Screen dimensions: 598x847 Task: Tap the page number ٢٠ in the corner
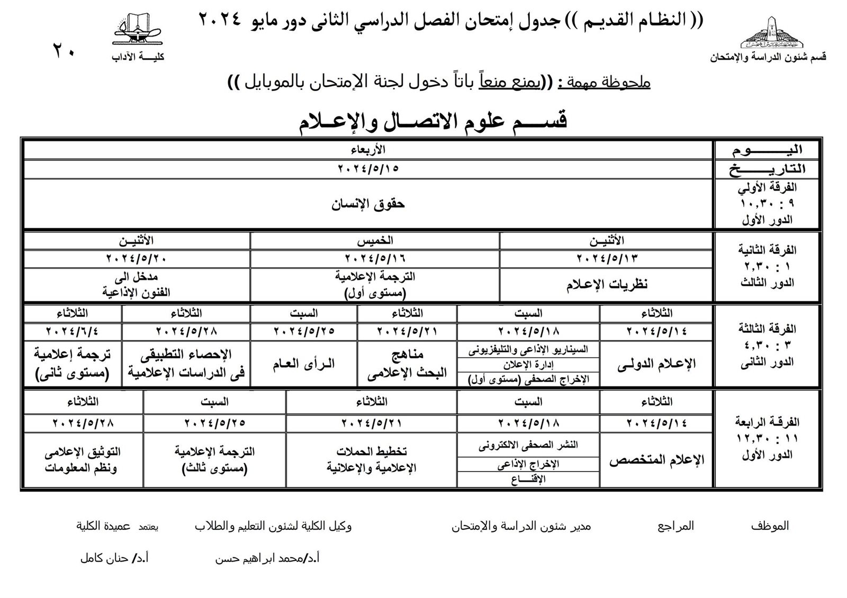tap(64, 52)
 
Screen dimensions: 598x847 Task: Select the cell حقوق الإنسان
tap(368, 204)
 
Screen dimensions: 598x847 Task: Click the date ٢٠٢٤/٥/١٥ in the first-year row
tap(368, 169)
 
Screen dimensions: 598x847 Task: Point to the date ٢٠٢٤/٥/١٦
tap(375, 258)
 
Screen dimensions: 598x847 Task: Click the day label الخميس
tap(375, 240)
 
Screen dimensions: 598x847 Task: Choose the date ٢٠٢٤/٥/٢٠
tap(137, 258)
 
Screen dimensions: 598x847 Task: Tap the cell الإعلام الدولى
tap(656, 364)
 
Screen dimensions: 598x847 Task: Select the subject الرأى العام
tap(304, 364)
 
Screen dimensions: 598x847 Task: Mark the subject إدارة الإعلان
tap(528, 365)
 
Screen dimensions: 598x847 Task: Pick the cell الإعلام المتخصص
tap(656, 460)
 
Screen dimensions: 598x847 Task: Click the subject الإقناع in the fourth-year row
tap(528, 479)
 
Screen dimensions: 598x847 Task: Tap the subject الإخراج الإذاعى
tap(528, 464)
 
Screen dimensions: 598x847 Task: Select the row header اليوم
tap(767, 150)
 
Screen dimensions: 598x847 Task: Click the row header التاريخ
tap(767, 169)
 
